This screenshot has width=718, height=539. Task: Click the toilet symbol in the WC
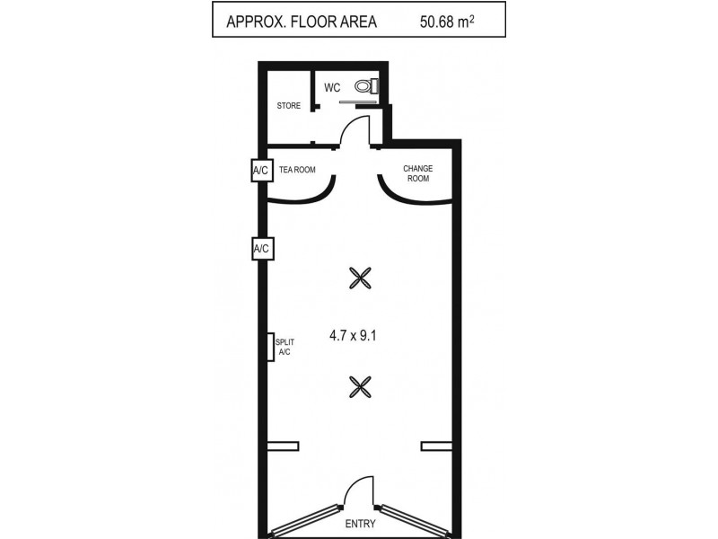pyautogui.click(x=364, y=86)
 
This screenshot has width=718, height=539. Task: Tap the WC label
pyautogui.click(x=332, y=87)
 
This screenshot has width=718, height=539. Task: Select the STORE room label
pyautogui.click(x=289, y=106)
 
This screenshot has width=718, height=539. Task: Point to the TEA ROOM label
pyautogui.click(x=297, y=169)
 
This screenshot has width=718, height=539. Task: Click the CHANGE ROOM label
pyautogui.click(x=418, y=172)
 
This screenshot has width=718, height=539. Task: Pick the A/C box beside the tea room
pyautogui.click(x=261, y=170)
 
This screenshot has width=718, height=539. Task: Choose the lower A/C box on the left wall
pyautogui.click(x=262, y=248)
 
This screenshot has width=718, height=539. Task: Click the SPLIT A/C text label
pyautogui.click(x=285, y=347)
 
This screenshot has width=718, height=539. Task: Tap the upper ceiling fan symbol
pyautogui.click(x=360, y=278)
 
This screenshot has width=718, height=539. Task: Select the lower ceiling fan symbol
pyautogui.click(x=360, y=386)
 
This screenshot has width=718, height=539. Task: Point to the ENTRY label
pyautogui.click(x=360, y=523)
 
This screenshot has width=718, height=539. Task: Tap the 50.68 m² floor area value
pyautogui.click(x=451, y=20)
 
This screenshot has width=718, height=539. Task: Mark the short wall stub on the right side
pyautogui.click(x=437, y=446)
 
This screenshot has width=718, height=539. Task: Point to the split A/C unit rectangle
pyautogui.click(x=270, y=347)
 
